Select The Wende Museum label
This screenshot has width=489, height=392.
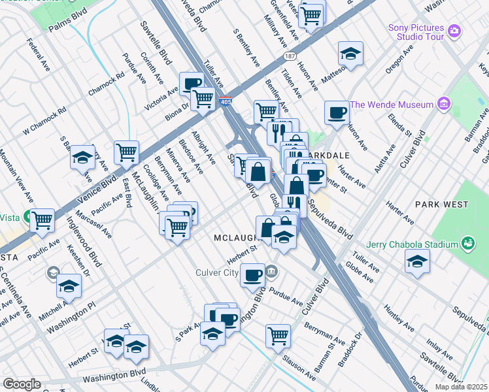[392, 105]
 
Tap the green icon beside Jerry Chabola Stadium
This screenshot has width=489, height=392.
[467, 244]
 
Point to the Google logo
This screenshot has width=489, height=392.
[22, 384]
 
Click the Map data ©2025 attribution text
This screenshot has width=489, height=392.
[456, 386]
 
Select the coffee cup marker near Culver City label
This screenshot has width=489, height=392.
[252, 274]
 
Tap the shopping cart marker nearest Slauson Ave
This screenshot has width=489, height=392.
[278, 336]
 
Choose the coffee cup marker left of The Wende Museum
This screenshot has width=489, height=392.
[337, 112]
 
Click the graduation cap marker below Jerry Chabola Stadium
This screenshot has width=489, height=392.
[417, 262]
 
